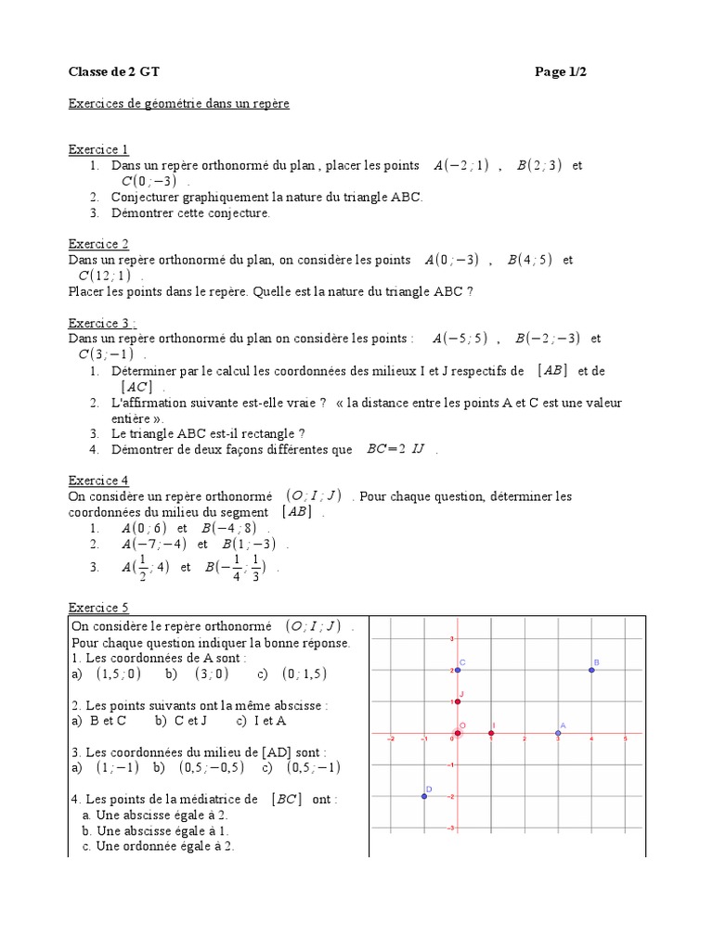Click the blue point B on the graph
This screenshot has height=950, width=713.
tap(591, 670)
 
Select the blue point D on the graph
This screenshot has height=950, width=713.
tap(424, 796)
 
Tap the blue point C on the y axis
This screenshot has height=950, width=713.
tap(458, 670)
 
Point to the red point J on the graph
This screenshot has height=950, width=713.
tap(458, 701)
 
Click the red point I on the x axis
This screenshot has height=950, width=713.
tap(491, 733)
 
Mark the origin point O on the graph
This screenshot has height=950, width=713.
tap(458, 733)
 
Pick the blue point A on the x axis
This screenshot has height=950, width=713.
tap(558, 733)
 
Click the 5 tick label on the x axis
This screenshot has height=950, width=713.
tap(625, 739)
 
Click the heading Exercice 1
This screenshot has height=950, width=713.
tap(98, 149)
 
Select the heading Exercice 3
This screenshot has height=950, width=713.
tap(102, 323)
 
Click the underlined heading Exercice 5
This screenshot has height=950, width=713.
tap(98, 608)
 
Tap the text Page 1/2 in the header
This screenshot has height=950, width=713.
tap(561, 73)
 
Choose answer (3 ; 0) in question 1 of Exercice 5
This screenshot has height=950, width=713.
tap(210, 674)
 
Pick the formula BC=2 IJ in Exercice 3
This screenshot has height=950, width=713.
tap(395, 450)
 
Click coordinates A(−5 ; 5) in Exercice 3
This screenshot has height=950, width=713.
tap(456, 339)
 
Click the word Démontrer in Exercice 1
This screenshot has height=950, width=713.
tap(144, 213)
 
